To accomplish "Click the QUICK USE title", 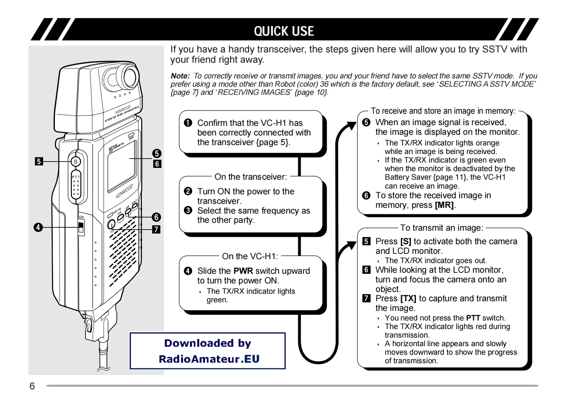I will (x=284, y=31).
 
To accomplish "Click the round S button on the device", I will (x=75, y=162).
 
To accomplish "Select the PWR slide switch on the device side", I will (x=81, y=227).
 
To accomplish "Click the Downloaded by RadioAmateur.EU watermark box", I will (x=208, y=351).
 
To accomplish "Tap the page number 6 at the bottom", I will (x=32, y=386).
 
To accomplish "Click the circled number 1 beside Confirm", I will (x=188, y=123).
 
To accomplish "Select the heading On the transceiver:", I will (x=251, y=177).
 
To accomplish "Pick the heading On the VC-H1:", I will (x=250, y=256).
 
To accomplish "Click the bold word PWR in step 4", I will (x=243, y=271).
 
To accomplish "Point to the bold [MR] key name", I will (x=444, y=205).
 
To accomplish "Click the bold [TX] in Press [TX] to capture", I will (x=408, y=298).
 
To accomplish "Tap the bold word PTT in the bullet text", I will (x=473, y=318).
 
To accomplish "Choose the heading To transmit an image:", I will (x=442, y=228).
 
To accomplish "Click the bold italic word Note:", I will (x=180, y=76).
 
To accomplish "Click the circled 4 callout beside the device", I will (x=38, y=227).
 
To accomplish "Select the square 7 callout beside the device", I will (x=156, y=229).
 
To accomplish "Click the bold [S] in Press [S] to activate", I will (x=406, y=241).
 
